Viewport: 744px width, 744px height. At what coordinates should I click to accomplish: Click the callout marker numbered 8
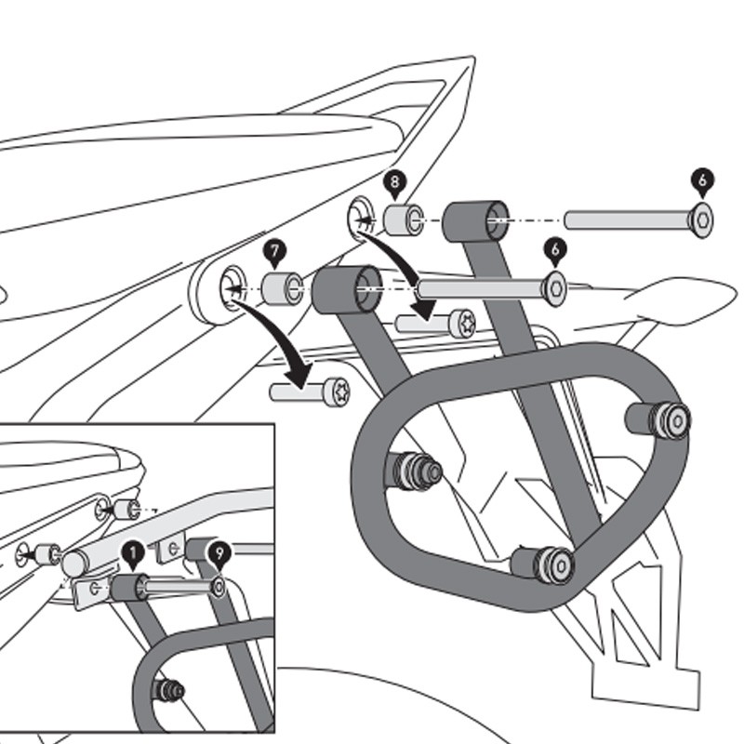click(394, 183)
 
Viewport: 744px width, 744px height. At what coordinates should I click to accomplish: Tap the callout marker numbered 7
click(272, 250)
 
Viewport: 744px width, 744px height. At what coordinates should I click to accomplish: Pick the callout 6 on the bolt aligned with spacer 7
click(555, 249)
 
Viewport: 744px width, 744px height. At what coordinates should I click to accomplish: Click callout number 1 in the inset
click(132, 556)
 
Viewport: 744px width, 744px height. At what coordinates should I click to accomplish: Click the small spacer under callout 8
click(401, 221)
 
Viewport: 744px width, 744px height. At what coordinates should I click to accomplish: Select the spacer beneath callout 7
click(279, 288)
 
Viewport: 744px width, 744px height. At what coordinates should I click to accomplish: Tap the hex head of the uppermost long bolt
click(702, 220)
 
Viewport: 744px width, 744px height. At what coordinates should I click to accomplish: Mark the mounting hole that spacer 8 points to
click(360, 217)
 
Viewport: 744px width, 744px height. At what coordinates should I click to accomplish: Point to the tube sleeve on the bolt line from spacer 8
click(475, 221)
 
